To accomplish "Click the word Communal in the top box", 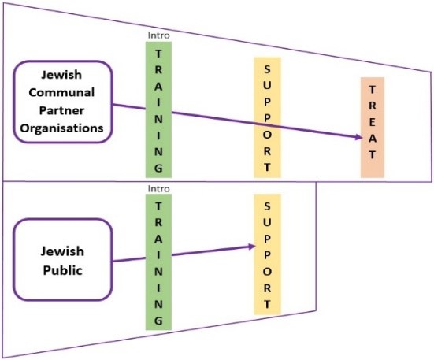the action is click(61, 92).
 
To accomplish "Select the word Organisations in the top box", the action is click(61, 128).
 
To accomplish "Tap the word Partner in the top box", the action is click(61, 110).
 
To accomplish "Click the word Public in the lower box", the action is click(63, 270).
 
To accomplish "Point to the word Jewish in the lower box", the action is click(62, 251).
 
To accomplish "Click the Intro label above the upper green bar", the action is click(158, 35).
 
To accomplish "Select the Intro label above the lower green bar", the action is click(158, 189).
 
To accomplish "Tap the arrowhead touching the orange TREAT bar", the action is click(358, 137).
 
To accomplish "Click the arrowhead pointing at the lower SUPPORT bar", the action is click(251, 247).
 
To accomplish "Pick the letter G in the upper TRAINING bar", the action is click(158, 168).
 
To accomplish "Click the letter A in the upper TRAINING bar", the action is click(158, 87).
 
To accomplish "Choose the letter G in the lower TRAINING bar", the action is click(158, 321).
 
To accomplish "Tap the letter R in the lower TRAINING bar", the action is click(158, 222).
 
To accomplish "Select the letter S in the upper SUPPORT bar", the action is click(267, 69).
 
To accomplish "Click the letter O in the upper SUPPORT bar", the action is click(267, 135).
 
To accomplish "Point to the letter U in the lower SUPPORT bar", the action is click(267, 222).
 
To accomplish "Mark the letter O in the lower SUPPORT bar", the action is click(267, 272).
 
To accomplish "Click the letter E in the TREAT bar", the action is click(373, 122).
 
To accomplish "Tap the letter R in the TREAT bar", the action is click(373, 106).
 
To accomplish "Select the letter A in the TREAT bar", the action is click(373, 139).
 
